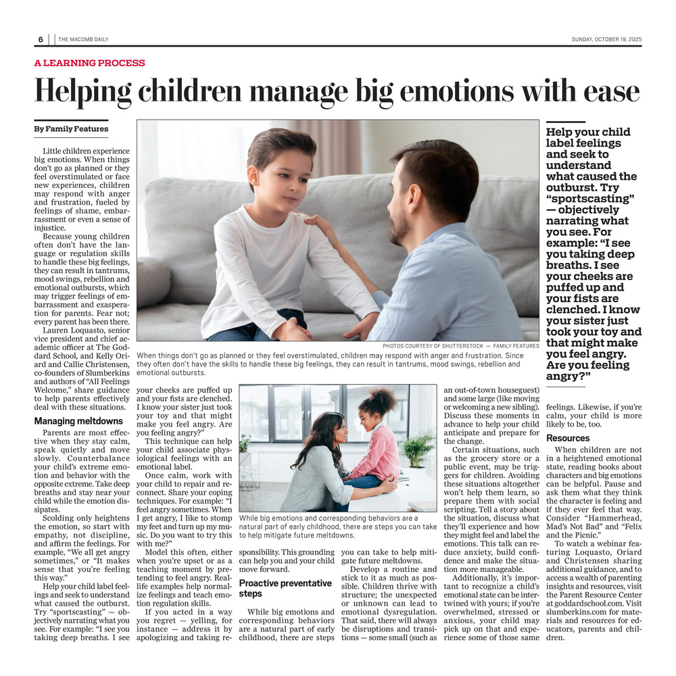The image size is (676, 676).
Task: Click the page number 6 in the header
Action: point(41,39)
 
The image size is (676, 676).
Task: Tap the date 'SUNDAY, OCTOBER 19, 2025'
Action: point(606,39)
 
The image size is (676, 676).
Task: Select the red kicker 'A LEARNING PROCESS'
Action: point(89,63)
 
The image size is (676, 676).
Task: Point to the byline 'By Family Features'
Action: point(71,128)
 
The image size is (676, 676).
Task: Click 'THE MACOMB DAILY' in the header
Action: point(83,39)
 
